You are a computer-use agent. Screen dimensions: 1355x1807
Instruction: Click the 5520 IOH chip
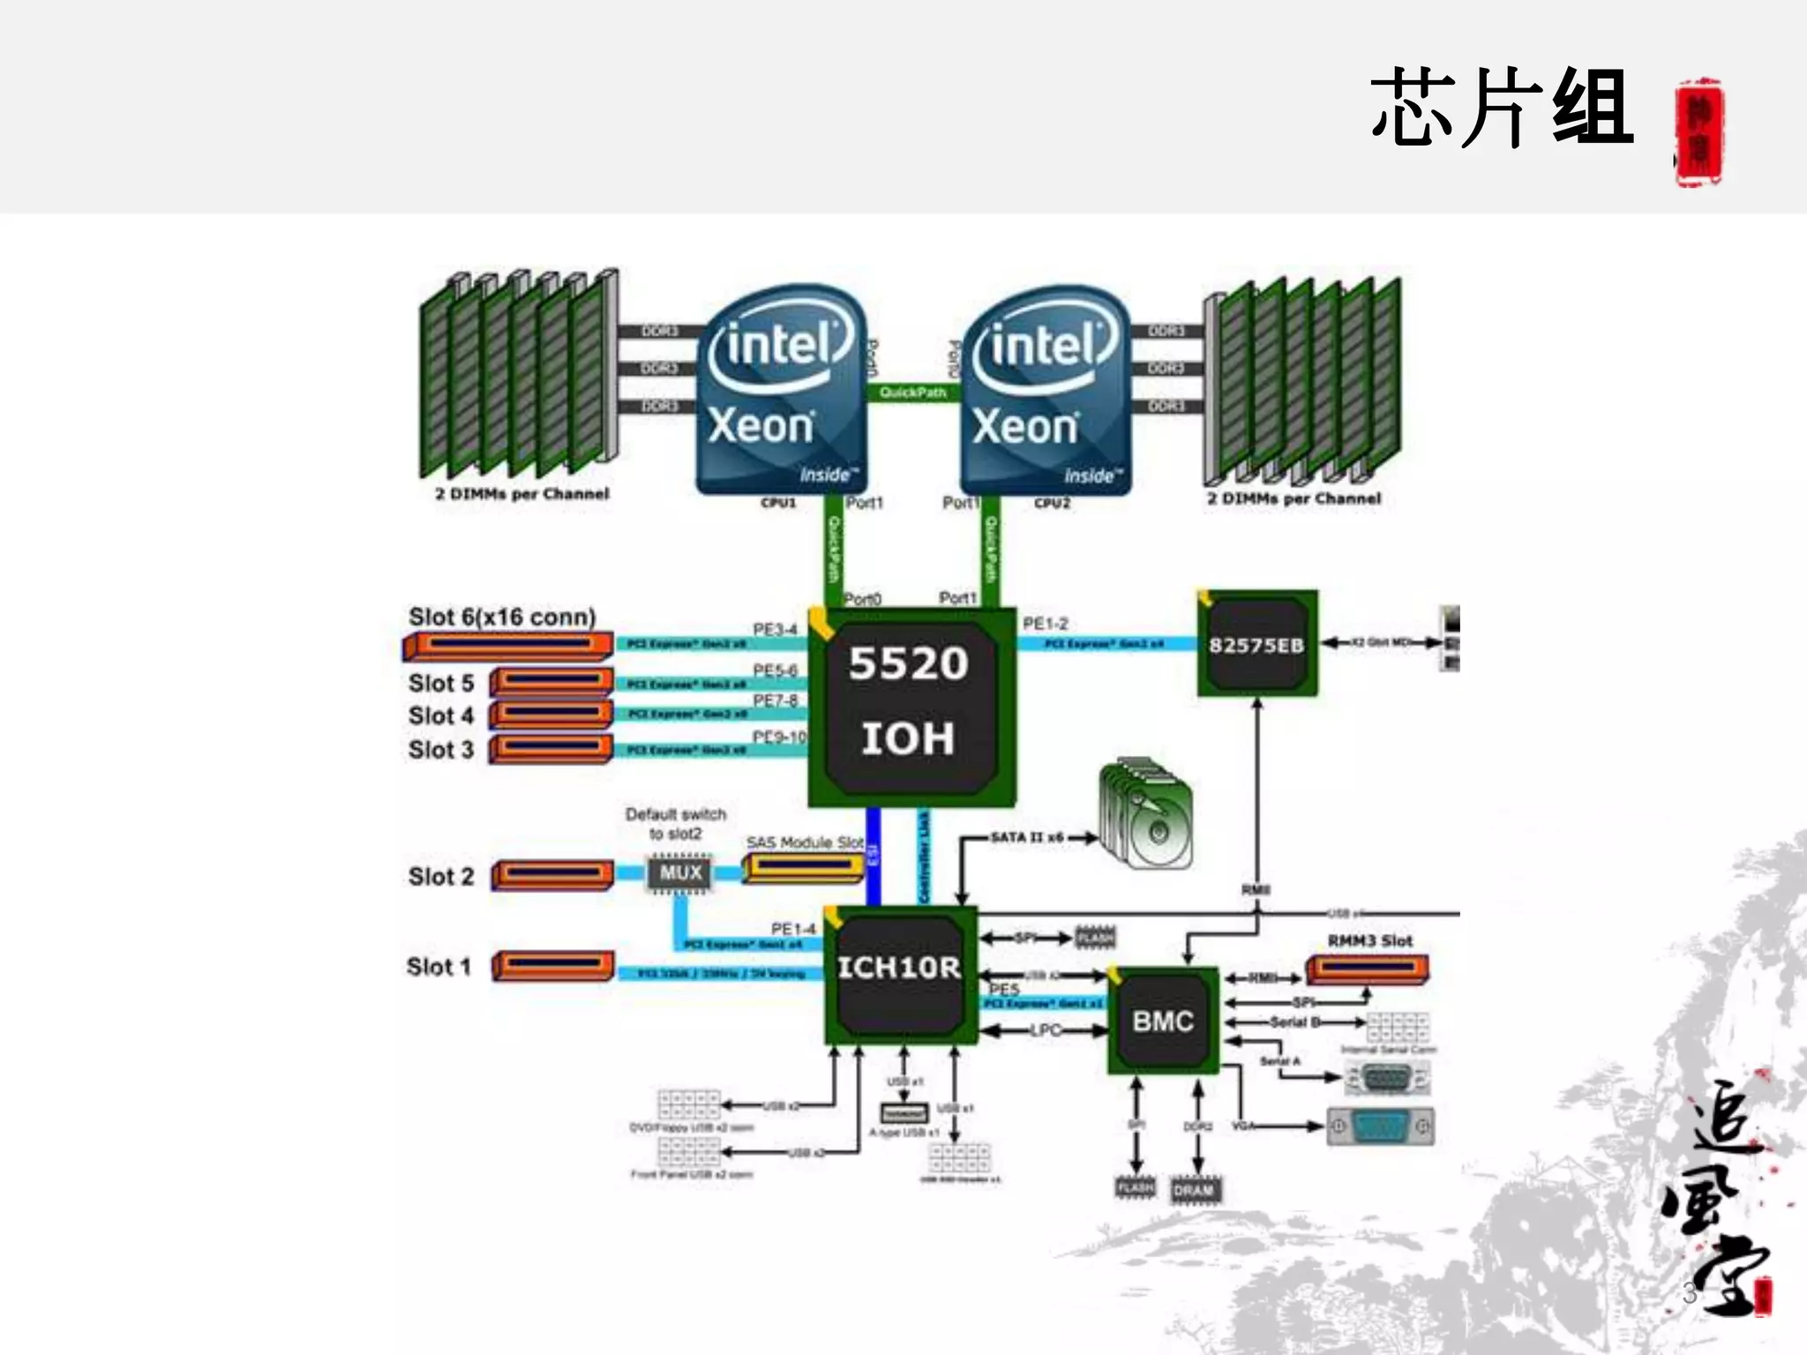(911, 706)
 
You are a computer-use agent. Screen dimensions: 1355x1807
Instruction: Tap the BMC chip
(1163, 1021)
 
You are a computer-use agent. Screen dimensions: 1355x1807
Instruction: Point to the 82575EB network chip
(1256, 644)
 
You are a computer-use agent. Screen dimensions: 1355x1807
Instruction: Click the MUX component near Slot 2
(680, 873)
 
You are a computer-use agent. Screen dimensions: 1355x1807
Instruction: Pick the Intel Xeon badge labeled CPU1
(781, 388)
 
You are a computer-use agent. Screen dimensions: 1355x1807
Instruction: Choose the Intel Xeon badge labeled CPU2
(1045, 388)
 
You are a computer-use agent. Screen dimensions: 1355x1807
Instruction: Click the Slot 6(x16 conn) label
(501, 617)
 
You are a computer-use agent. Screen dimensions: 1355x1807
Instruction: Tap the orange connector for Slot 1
(552, 966)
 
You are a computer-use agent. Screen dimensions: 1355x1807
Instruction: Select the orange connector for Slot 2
(552, 874)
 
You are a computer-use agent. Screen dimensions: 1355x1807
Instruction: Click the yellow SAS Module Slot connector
(802, 868)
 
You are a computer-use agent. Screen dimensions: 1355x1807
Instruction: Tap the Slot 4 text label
(440, 715)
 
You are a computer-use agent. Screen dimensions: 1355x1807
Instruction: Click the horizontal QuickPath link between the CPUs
(912, 392)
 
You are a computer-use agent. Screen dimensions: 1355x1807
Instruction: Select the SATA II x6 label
(1027, 836)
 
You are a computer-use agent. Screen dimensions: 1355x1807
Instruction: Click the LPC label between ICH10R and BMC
(1045, 1029)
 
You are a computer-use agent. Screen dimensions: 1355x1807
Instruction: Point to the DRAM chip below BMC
(1195, 1190)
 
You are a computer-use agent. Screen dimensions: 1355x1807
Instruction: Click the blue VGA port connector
(1380, 1127)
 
